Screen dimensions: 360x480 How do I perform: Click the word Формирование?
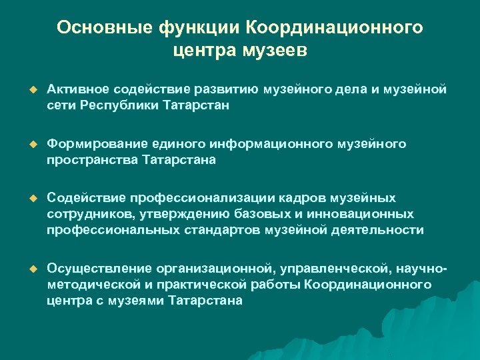coord(94,143)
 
